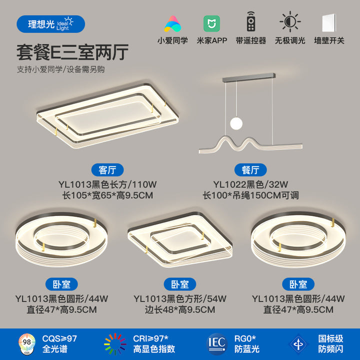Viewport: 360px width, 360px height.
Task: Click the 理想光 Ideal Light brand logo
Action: [50, 24]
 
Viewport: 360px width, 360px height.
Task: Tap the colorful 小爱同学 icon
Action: [172, 23]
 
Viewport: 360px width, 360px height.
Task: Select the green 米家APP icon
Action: [211, 23]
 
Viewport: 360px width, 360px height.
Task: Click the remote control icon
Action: [251, 21]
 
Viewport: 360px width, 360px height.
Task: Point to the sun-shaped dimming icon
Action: [290, 21]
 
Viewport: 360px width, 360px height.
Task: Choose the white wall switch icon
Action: [329, 23]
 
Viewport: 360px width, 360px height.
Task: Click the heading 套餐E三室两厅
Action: [72, 52]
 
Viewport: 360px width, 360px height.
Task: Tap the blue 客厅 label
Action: [107, 170]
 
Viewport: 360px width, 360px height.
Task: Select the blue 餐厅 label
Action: [250, 170]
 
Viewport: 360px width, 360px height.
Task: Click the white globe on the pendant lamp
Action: [236, 123]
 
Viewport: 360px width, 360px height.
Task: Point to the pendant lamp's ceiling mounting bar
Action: [248, 77]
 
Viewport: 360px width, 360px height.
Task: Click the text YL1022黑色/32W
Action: [250, 184]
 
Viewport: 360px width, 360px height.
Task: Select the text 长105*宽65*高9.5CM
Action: [107, 195]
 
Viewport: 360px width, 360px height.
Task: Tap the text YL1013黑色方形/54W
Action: [180, 298]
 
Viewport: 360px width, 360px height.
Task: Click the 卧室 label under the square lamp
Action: [180, 284]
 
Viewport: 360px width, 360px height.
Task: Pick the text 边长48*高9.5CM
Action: [180, 309]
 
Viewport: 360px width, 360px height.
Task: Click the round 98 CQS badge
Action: [27, 343]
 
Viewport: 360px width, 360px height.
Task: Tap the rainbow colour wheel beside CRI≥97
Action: [115, 344]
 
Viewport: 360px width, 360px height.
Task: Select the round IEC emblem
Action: [217, 344]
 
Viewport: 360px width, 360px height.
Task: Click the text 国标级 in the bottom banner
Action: [330, 338]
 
